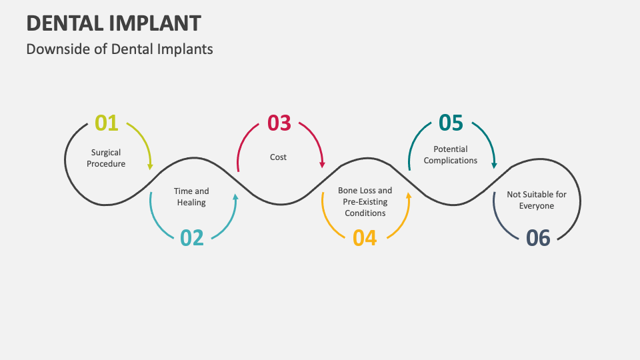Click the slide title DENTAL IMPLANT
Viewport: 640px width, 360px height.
click(113, 23)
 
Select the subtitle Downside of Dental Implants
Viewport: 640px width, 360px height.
click(120, 49)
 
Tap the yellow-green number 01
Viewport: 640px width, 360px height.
click(107, 123)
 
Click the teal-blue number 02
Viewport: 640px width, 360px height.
click(192, 237)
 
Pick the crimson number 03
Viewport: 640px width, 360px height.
click(279, 123)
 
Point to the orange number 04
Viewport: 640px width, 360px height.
click(365, 237)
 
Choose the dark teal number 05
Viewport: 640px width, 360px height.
click(451, 123)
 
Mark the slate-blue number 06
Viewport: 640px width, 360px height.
click(538, 237)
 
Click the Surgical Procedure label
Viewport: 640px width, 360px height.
click(106, 158)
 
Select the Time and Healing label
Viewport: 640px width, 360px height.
click(192, 197)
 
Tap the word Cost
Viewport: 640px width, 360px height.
click(279, 157)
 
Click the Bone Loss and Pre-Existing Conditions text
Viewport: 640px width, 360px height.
click(365, 201)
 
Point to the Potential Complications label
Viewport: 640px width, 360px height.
click(451, 155)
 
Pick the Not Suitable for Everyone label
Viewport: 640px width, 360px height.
click(537, 200)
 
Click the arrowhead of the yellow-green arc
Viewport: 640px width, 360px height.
click(150, 165)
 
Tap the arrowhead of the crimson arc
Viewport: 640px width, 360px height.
click(322, 164)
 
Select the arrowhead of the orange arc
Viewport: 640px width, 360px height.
click(408, 197)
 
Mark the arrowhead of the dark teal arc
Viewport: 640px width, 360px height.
click(494, 164)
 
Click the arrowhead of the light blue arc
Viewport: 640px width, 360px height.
click(235, 197)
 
